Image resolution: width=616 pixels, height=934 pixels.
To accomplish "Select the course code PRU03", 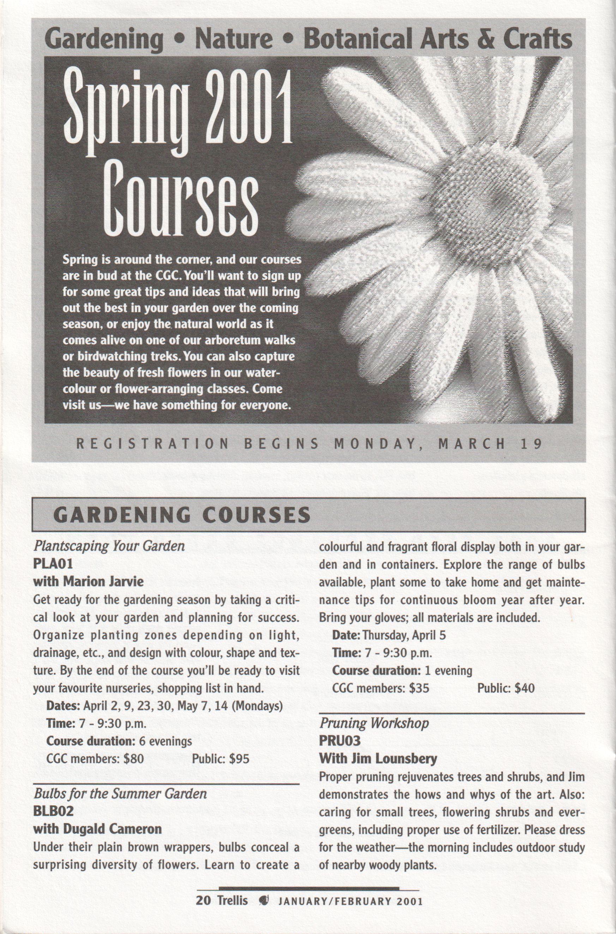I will click(340, 741).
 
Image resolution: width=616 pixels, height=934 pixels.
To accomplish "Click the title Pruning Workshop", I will click(374, 724).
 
